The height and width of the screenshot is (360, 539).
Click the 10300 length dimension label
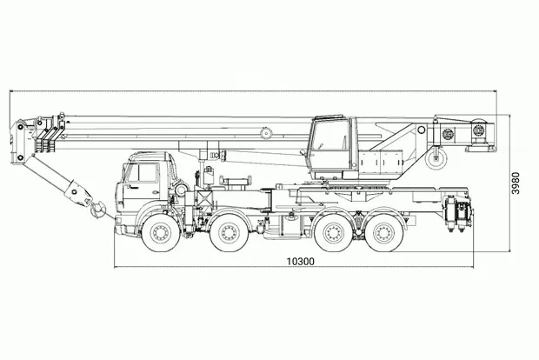pos(301,262)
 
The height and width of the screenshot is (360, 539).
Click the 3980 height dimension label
pos(516,183)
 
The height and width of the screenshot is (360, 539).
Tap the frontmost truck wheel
pos(161,233)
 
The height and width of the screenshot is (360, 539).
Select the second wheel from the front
pos(230,233)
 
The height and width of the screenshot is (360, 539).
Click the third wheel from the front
pos(334,233)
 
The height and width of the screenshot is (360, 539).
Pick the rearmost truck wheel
pos(384,233)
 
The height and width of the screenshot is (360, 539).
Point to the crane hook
pos(98,210)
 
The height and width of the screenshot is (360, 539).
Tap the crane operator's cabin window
pos(330,135)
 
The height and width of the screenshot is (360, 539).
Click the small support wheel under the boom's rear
pos(436,159)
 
